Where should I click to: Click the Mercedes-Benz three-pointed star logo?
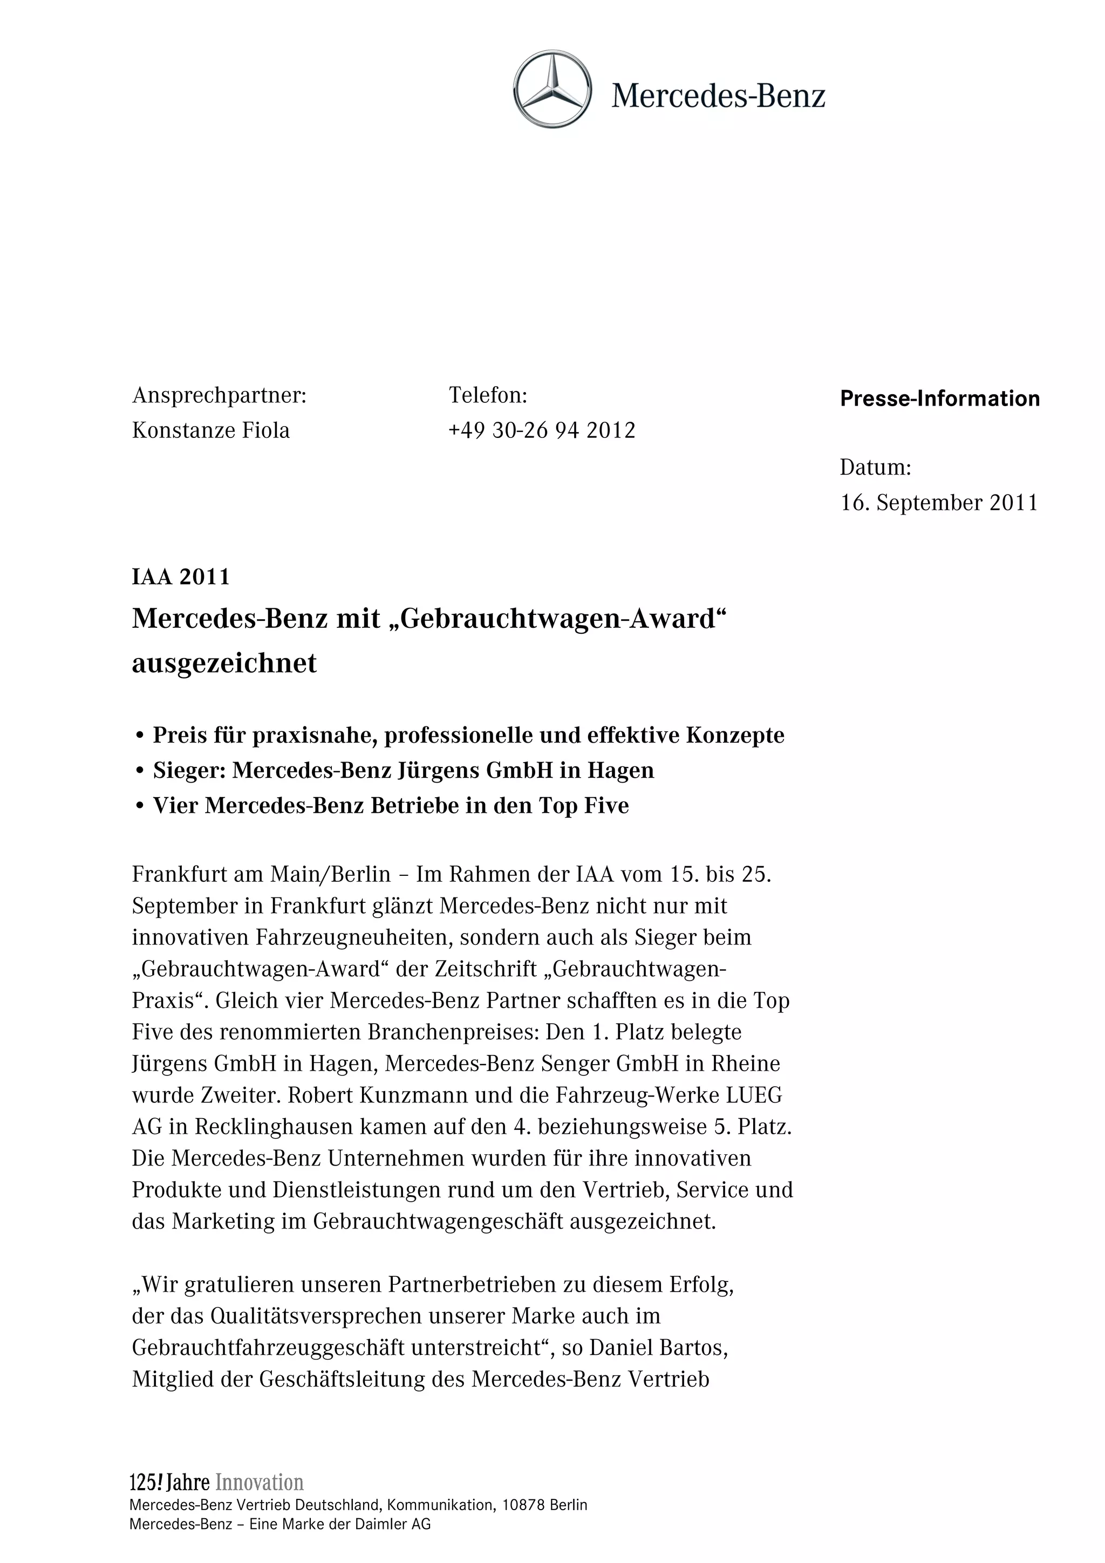pos(552,89)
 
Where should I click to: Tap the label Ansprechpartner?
pos(219,395)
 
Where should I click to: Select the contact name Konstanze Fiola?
pos(210,431)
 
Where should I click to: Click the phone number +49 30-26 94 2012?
pos(542,431)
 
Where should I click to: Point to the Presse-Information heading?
pos(939,399)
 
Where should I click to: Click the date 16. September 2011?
pos(939,503)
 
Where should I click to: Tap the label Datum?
pos(875,468)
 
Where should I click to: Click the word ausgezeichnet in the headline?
pos(224,663)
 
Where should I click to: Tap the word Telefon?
pos(488,395)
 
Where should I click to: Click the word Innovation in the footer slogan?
pos(260,1483)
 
